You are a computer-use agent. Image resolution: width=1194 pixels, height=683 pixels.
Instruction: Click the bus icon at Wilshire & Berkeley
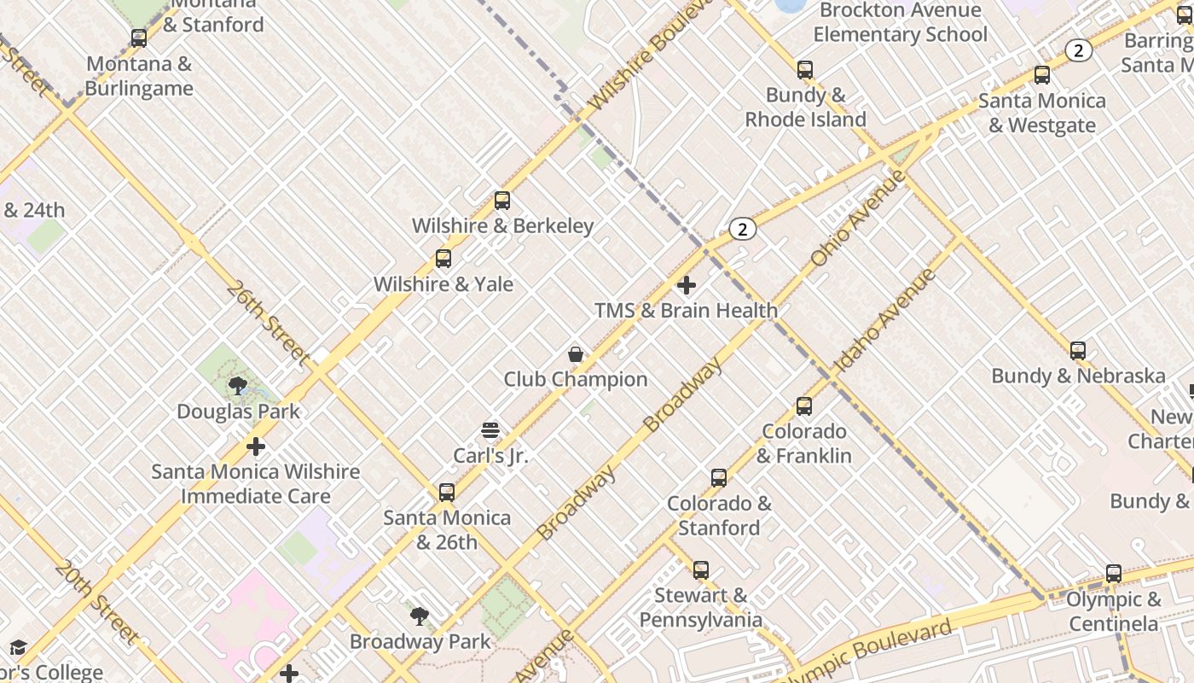tap(502, 201)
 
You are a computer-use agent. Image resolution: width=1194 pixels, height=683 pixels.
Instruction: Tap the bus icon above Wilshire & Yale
tap(443, 259)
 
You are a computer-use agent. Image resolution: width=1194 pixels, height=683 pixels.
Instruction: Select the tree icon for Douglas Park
tap(238, 386)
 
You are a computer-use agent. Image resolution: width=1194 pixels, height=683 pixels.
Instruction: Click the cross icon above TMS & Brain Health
tap(687, 285)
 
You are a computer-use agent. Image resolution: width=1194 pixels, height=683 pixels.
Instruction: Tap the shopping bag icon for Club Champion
tap(576, 354)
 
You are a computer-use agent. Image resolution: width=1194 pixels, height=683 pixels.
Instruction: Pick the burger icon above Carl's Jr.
tap(490, 430)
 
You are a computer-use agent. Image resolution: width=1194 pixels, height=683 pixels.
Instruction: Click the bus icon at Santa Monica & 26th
tap(447, 493)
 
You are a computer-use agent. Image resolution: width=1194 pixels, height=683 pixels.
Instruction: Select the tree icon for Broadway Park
tap(419, 616)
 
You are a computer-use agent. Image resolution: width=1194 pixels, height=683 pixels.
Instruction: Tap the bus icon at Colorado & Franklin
tap(804, 406)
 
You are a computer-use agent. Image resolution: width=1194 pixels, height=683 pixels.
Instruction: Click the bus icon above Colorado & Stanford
tap(719, 478)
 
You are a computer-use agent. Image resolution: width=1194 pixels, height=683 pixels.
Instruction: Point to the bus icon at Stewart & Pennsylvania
tap(701, 570)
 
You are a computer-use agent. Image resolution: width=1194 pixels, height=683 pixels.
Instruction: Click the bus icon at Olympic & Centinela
tap(1114, 575)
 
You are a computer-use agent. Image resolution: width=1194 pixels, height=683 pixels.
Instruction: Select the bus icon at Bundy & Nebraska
tap(1078, 351)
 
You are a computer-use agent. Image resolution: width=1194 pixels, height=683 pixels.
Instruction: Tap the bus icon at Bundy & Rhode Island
tap(805, 70)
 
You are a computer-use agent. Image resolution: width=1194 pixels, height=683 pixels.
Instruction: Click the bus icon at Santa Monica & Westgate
tap(1042, 75)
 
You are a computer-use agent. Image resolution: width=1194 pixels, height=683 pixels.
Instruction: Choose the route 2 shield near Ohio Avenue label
tap(743, 229)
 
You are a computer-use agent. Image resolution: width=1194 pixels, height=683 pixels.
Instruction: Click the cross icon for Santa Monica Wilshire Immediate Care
tap(256, 447)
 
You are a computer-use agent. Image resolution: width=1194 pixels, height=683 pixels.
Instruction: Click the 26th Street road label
tap(267, 324)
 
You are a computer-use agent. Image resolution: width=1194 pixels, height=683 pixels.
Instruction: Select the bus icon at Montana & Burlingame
tap(139, 38)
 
